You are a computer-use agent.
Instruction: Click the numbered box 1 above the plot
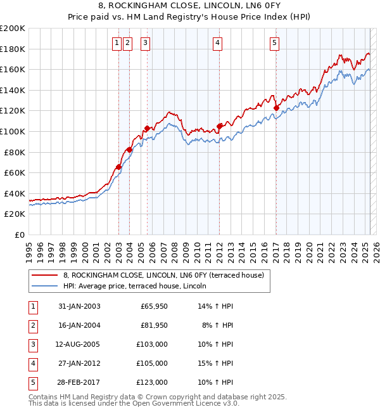[x=117, y=43]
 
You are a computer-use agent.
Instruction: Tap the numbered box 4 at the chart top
[x=217, y=43]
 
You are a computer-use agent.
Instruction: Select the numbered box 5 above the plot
[x=274, y=43]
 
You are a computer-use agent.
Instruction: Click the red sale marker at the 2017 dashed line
[x=276, y=108]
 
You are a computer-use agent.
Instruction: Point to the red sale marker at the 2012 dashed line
[x=220, y=126]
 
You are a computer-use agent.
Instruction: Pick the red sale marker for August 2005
[x=147, y=129]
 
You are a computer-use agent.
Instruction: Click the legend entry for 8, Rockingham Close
[x=167, y=275]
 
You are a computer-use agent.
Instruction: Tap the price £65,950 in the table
[x=154, y=306]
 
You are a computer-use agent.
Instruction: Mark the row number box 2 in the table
[x=32, y=325]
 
